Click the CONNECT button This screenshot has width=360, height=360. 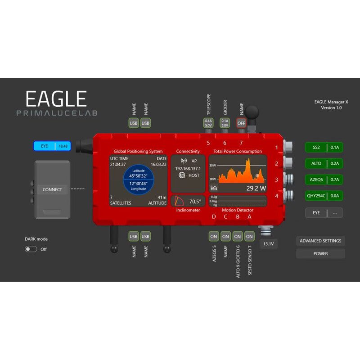52,189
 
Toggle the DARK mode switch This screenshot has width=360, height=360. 31,249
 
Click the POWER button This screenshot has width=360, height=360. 320,254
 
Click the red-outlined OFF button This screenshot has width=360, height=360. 242,123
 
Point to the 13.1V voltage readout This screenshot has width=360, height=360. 269,244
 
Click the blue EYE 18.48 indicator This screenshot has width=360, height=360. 52,146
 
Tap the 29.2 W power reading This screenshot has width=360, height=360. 256,188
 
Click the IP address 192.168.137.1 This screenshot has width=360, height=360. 188,168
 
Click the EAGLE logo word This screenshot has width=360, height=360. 56,99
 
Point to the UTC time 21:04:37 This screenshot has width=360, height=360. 118,165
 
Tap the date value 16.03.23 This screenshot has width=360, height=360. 158,165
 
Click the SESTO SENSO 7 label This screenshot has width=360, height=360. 250,260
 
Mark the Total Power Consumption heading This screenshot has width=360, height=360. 238,152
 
